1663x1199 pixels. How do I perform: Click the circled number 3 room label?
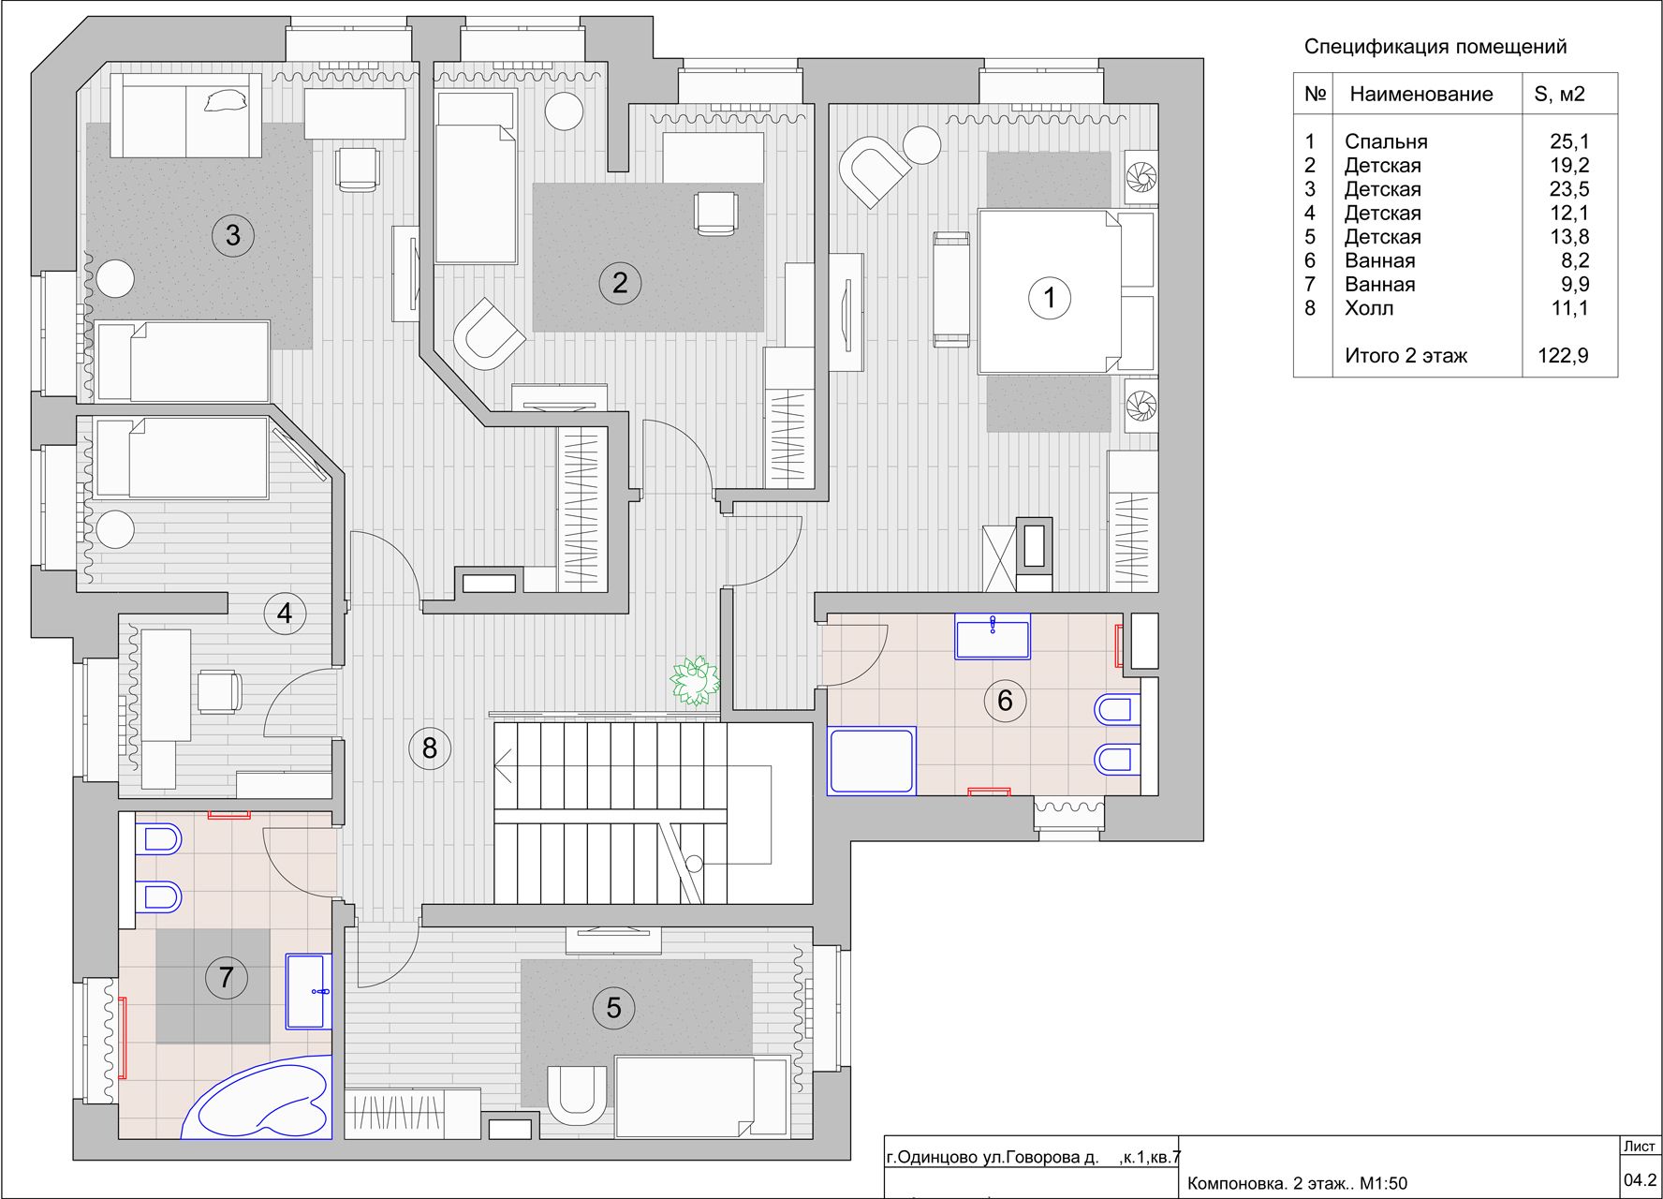(233, 234)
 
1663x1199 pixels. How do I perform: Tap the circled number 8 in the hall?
(430, 748)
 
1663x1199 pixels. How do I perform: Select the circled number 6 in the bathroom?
(1005, 700)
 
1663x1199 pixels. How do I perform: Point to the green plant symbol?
(695, 680)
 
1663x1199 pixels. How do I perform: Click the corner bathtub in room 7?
(258, 1098)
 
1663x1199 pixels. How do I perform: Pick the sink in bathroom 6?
(993, 637)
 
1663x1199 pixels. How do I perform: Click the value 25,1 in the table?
(1569, 141)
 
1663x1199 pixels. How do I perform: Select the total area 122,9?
(1563, 356)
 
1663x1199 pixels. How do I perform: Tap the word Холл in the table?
(1369, 308)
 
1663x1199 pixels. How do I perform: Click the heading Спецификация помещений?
(1435, 47)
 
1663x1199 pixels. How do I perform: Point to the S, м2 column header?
(1559, 94)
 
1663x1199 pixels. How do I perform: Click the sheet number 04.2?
(1640, 1180)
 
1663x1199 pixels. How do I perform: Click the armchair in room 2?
(489, 333)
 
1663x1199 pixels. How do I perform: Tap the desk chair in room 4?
(219, 691)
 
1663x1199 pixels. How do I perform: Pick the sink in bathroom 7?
(308, 991)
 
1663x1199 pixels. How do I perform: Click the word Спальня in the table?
(1386, 141)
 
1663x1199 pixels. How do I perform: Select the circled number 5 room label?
(613, 1008)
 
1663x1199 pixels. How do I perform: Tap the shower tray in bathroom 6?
(871, 761)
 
